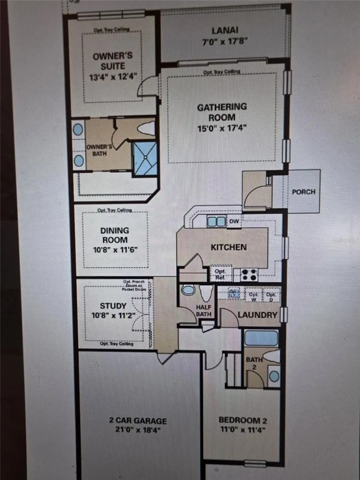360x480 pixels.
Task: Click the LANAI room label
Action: click(x=225, y=30)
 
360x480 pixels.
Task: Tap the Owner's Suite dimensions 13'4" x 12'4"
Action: click(x=113, y=77)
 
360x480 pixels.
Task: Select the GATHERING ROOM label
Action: click(x=222, y=112)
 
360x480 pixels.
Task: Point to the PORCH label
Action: click(x=303, y=192)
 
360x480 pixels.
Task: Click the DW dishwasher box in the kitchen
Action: click(x=234, y=221)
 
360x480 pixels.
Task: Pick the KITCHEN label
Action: click(x=228, y=247)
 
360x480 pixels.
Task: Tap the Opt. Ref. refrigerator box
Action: click(x=220, y=274)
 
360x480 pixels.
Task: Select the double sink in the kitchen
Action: click(x=216, y=221)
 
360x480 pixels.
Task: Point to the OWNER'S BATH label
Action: click(x=99, y=150)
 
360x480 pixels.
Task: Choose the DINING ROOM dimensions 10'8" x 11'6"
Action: click(x=115, y=250)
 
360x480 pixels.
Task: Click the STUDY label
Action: click(x=113, y=306)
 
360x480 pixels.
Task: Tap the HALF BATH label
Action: click(x=204, y=311)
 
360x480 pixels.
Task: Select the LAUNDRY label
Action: click(x=257, y=315)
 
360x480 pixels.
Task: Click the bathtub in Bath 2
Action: click(x=261, y=338)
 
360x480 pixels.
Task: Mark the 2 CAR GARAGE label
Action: click(x=138, y=420)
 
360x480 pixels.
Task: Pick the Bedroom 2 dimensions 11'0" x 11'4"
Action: click(x=243, y=430)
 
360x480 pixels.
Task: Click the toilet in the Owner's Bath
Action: click(x=146, y=129)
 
